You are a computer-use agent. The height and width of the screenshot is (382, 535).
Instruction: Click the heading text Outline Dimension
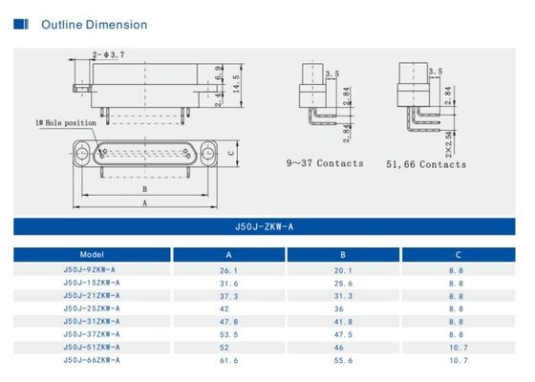pos(94,24)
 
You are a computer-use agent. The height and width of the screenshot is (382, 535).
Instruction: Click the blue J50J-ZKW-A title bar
pos(267,227)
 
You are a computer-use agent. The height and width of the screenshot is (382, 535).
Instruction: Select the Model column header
pos(92,255)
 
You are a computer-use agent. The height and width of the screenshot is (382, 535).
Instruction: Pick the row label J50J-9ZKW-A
pos(92,270)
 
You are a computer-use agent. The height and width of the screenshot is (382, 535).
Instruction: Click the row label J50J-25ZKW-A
pos(92,308)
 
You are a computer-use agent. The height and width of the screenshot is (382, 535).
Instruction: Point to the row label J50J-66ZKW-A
pos(92,360)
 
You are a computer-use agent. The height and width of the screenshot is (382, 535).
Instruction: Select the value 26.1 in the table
pos(228,270)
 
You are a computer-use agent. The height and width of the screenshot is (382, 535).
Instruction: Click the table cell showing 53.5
pos(228,334)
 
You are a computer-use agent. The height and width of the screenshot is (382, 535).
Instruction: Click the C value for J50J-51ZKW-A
pos(460,348)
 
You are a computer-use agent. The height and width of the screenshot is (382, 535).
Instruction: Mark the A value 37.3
pos(228,296)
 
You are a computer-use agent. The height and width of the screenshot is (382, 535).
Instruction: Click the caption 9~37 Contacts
pos(326,164)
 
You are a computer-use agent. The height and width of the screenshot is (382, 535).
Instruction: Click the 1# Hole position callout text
pos(66,123)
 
